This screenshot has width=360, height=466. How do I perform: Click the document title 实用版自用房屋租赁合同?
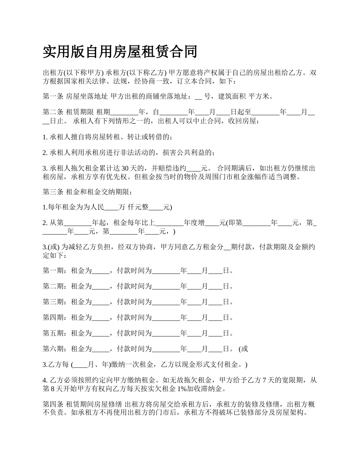(x=120, y=52)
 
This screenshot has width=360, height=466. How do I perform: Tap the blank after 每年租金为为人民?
(x=111, y=208)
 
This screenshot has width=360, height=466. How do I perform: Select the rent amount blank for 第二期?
(x=100, y=286)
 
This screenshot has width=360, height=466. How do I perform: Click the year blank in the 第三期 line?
(x=166, y=302)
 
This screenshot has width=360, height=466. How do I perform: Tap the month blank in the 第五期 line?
(x=194, y=333)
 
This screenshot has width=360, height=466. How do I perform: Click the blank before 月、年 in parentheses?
(x=80, y=365)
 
